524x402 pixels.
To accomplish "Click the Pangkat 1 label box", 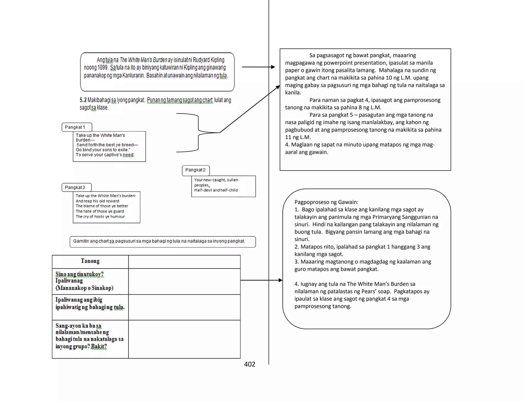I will [x=77, y=127].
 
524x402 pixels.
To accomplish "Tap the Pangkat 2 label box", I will [x=196, y=170].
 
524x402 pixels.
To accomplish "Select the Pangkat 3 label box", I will [x=77, y=187].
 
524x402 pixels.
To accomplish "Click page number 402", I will [x=249, y=364].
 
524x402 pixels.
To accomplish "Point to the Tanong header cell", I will [x=90, y=261].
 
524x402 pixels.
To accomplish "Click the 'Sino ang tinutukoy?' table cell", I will [x=90, y=281].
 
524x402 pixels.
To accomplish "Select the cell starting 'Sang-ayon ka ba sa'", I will [x=90, y=336].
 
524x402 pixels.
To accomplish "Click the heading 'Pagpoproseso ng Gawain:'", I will [x=326, y=202].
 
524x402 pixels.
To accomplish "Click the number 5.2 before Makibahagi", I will [x=83, y=100].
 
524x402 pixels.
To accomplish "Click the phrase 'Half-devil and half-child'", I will [x=216, y=190].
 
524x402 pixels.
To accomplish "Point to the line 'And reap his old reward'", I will [x=97, y=201].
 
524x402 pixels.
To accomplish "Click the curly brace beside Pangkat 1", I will [x=199, y=132].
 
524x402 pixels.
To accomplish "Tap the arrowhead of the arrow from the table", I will [x=280, y=280].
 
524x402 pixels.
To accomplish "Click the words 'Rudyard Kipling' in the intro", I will [x=208, y=60].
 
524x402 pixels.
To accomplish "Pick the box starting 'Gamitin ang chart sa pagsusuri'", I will [x=162, y=241].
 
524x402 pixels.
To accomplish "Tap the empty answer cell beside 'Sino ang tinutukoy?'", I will [x=184, y=281].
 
